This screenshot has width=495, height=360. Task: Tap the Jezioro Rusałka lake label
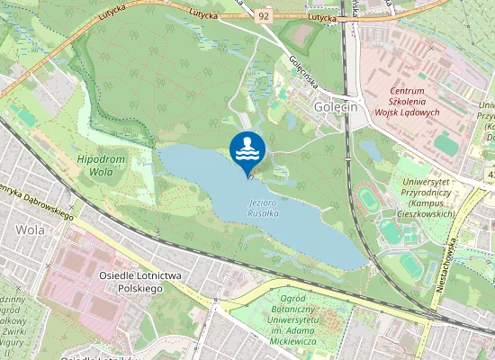pos(266,209)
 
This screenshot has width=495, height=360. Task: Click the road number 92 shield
pos(263,15)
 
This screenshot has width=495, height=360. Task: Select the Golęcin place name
pos(337,106)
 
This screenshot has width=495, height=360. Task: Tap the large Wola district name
pos(30,229)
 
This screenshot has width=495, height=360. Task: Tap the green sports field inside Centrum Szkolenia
pos(445,143)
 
